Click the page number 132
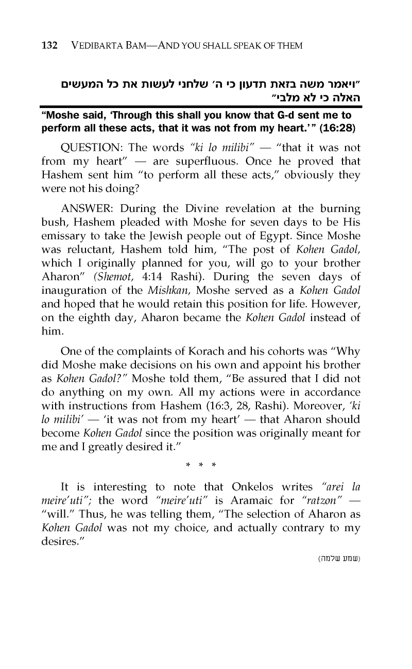(x=50, y=46)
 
